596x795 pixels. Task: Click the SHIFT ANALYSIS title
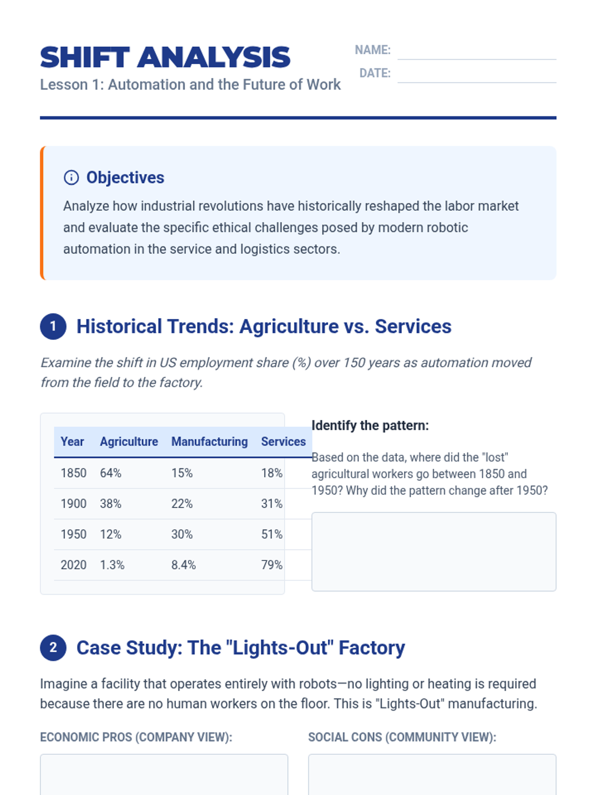pyautogui.click(x=165, y=58)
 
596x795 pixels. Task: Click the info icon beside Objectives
pyautogui.click(x=72, y=177)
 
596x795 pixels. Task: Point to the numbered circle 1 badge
pyautogui.click(x=53, y=326)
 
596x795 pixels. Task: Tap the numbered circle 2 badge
pyautogui.click(x=53, y=647)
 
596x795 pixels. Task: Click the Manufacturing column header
pyautogui.click(x=209, y=442)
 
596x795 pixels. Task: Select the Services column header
pyautogui.click(x=283, y=442)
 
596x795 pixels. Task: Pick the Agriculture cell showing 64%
pyautogui.click(x=111, y=473)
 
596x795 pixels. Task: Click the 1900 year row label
pyautogui.click(x=74, y=504)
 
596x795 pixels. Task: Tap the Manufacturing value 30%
pyautogui.click(x=182, y=535)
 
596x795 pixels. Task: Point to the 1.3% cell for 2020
pyautogui.click(x=112, y=565)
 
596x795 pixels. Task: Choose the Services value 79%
pyautogui.click(x=272, y=565)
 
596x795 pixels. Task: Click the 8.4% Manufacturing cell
pyautogui.click(x=183, y=565)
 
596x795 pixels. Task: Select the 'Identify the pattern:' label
pyautogui.click(x=370, y=426)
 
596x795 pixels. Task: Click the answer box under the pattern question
pyautogui.click(x=434, y=552)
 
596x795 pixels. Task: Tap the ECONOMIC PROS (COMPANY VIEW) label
pyautogui.click(x=136, y=737)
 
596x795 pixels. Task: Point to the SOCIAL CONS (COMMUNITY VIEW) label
pyautogui.click(x=402, y=737)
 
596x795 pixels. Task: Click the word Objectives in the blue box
pyautogui.click(x=125, y=177)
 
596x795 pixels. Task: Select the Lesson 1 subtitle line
pyautogui.click(x=190, y=85)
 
